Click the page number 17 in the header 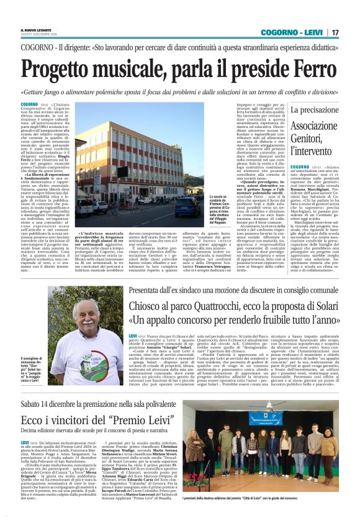click(x=335, y=32)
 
